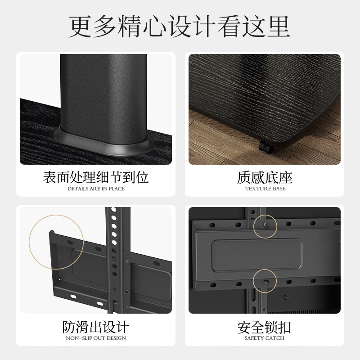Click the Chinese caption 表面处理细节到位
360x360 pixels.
(96, 177)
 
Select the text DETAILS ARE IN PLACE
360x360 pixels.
(96, 189)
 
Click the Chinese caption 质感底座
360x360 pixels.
(265, 177)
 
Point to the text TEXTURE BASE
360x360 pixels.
(265, 189)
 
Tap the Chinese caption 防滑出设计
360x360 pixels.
(96, 326)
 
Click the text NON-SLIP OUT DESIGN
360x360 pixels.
(96, 338)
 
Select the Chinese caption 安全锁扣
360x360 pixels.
(265, 326)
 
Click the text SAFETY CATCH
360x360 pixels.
(265, 338)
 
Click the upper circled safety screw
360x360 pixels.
(265, 225)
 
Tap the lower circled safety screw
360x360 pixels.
(265, 281)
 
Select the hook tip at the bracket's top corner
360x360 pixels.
(52, 233)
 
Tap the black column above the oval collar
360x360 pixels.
(103, 90)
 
